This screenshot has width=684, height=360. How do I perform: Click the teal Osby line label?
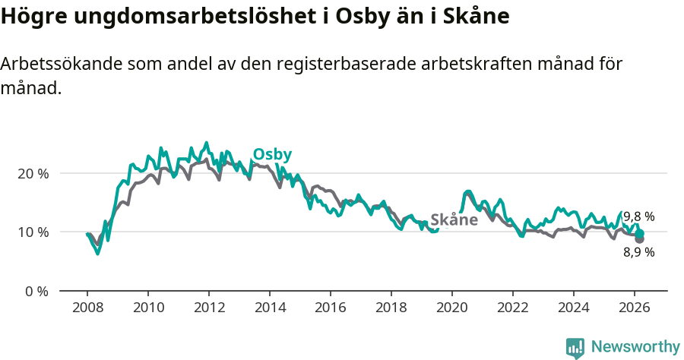pyautogui.click(x=272, y=154)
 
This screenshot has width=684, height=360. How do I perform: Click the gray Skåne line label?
pyautogui.click(x=454, y=220)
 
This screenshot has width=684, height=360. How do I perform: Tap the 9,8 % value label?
pyautogui.click(x=638, y=216)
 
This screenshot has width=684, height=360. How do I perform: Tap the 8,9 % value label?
pyautogui.click(x=638, y=252)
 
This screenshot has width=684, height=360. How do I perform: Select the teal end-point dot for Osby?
pyautogui.click(x=640, y=234)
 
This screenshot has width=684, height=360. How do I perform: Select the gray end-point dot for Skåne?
pyautogui.click(x=639, y=239)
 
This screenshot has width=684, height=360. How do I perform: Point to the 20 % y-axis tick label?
pyautogui.click(x=33, y=173)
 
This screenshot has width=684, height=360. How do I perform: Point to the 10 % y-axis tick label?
pyautogui.click(x=33, y=232)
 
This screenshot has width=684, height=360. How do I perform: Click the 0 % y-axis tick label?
pyautogui.click(x=36, y=291)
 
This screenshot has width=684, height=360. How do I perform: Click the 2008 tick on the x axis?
pyautogui.click(x=87, y=308)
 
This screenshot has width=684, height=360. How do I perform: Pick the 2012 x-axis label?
pyautogui.click(x=209, y=308)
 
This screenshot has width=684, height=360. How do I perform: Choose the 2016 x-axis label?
pyautogui.click(x=331, y=308)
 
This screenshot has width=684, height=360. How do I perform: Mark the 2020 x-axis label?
pyautogui.click(x=452, y=308)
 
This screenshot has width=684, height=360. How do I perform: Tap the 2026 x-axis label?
pyautogui.click(x=635, y=308)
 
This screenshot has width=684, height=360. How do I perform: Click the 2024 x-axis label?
pyautogui.click(x=574, y=308)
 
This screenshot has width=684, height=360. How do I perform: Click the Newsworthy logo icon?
pyautogui.click(x=575, y=347)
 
